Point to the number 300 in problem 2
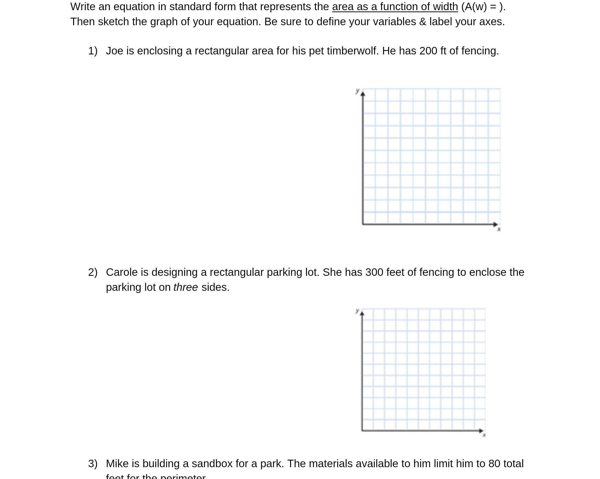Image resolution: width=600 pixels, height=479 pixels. point(374,272)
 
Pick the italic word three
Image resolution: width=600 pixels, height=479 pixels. point(186,287)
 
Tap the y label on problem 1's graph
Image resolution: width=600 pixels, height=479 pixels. point(358,91)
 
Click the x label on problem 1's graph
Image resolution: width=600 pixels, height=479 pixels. point(499,229)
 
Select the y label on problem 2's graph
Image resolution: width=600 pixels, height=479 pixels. point(357,310)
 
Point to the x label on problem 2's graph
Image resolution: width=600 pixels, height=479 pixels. point(484,435)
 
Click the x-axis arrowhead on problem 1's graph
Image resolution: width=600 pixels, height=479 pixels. point(495,224)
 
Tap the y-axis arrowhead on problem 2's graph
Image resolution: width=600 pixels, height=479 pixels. point(362,314)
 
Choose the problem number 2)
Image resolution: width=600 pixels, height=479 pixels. point(93,272)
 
